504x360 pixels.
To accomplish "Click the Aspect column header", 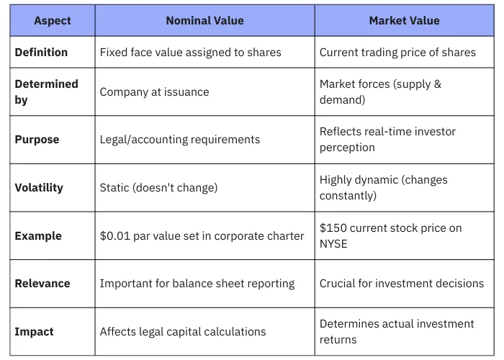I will click(x=53, y=21).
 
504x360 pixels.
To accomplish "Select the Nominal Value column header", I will click(x=204, y=21).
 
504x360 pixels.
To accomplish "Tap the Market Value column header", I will click(x=404, y=21).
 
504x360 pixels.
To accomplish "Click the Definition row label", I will click(x=41, y=53).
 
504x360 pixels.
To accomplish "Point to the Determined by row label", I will click(x=46, y=91).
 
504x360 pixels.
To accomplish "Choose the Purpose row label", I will click(x=37, y=140).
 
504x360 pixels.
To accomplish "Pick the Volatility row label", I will click(x=39, y=188).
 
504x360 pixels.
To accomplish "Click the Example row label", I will click(x=38, y=236).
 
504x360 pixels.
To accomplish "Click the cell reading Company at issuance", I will click(x=154, y=92).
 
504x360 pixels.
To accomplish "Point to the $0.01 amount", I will click(x=114, y=236).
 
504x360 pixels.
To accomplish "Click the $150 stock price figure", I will click(x=333, y=228).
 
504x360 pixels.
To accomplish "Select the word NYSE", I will click(x=333, y=244).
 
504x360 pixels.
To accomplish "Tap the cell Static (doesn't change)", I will click(x=158, y=188).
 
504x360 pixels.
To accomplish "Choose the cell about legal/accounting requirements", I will click(x=179, y=140).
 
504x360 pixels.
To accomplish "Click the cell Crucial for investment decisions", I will click(x=402, y=284).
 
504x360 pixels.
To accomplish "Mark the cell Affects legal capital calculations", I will click(x=183, y=332).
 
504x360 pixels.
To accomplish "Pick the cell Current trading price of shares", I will click(x=397, y=53).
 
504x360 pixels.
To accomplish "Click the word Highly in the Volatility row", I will click(x=337, y=180).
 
